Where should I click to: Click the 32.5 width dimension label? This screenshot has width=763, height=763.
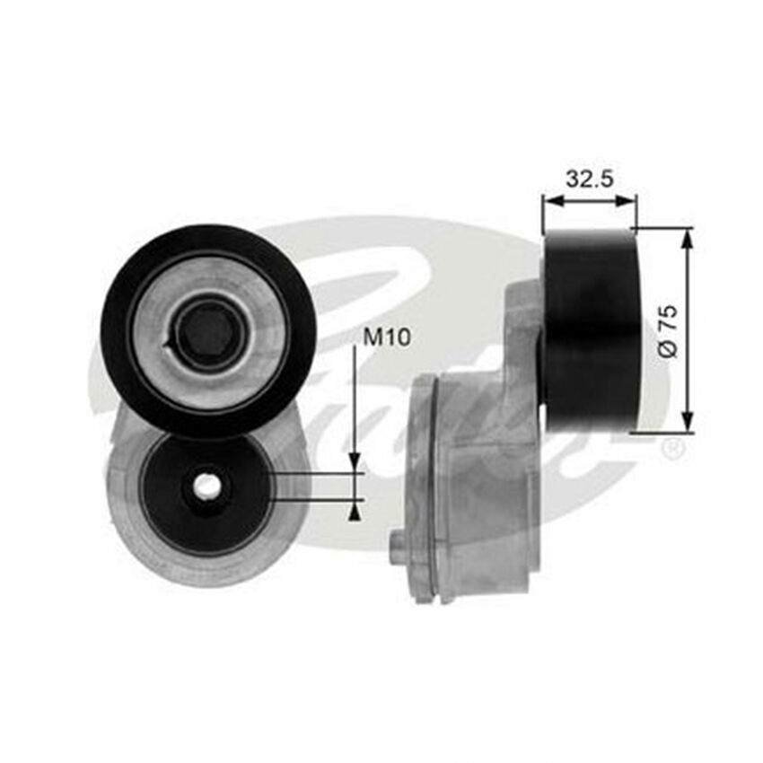(x=589, y=178)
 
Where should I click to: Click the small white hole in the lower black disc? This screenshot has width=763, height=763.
(x=207, y=486)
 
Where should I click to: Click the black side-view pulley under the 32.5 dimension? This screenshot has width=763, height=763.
(x=591, y=329)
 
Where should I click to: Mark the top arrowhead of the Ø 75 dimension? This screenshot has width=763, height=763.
(x=688, y=236)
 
